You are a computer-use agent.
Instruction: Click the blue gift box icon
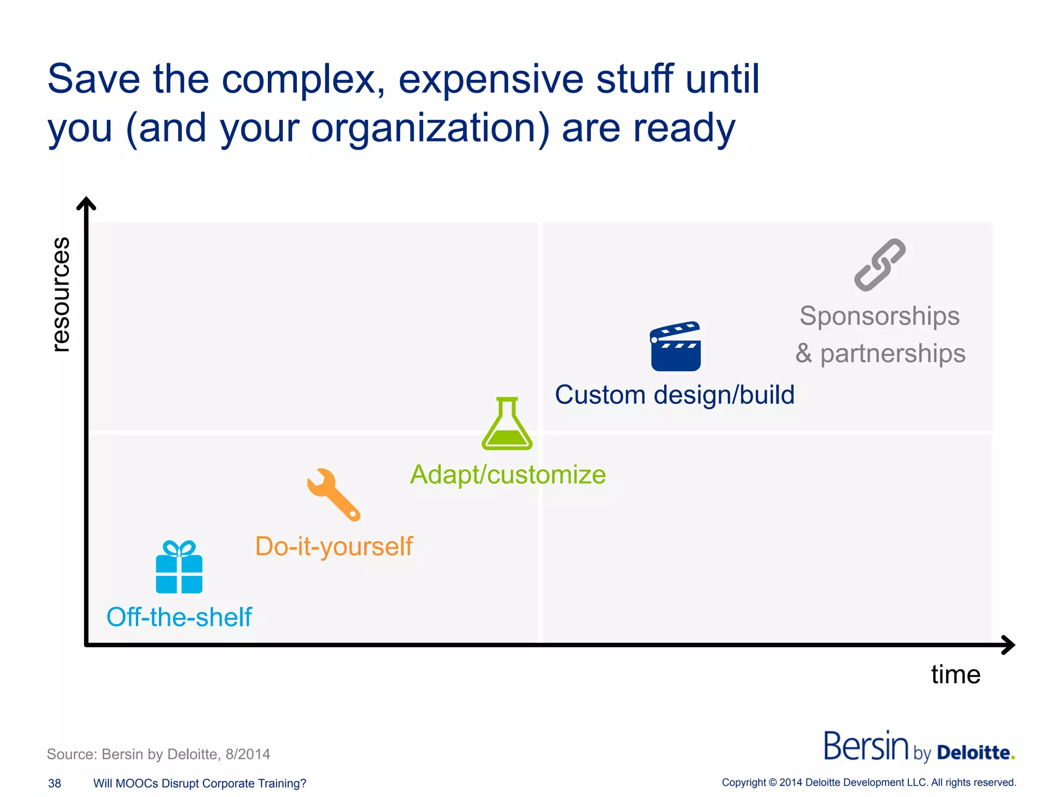pos(179,568)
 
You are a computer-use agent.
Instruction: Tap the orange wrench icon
pos(333,494)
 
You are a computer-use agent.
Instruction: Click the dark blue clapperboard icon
pos(675,347)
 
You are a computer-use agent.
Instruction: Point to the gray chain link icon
pos(880,265)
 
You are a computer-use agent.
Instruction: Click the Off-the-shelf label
pos(179,617)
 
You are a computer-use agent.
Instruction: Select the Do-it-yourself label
pos(334,546)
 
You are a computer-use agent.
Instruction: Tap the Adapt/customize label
pos(508,474)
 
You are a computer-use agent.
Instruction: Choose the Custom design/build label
pos(675,395)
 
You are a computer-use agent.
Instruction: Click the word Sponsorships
pos(880,316)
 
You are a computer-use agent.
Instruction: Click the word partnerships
pos(893,353)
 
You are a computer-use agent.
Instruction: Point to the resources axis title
pos(61,294)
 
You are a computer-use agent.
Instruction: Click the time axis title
pos(956,675)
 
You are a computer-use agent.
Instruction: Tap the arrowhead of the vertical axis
pos(86,203)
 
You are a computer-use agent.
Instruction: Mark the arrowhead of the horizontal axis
pos(1009,645)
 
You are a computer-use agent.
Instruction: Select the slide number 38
pos(54,784)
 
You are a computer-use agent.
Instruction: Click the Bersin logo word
pos(866,747)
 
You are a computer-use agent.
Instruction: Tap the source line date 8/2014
pos(248,754)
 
